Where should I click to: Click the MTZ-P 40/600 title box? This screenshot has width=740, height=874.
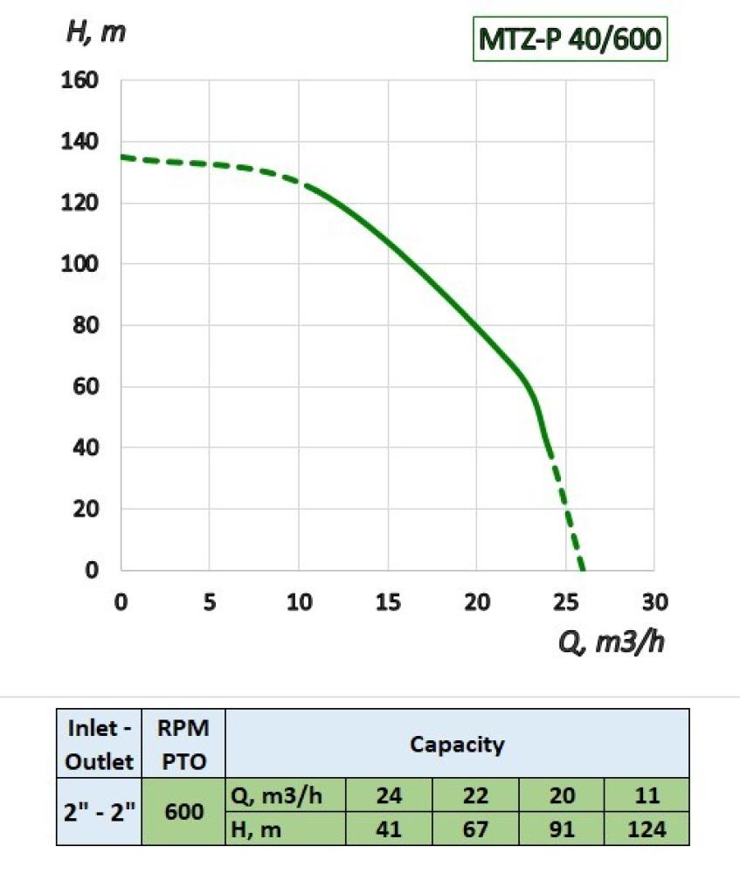coord(570,40)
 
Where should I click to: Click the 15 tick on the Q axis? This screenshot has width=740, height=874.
coord(387,602)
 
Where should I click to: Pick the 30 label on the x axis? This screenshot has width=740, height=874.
coord(654,602)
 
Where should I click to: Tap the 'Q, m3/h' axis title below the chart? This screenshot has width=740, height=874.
coord(612,644)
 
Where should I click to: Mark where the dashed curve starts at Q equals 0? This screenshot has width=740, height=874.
coord(122,157)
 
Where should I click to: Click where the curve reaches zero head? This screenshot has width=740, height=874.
coord(582,569)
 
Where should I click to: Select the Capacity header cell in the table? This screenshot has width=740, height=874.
coord(457,745)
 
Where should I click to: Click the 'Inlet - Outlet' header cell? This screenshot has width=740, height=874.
coord(99,744)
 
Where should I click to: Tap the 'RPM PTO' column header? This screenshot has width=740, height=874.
coord(183,744)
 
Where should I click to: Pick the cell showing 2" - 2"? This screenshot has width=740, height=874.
coord(99,812)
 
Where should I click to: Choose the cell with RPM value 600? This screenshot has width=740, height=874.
coord(183,812)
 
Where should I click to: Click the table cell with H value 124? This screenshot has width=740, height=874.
coord(647,829)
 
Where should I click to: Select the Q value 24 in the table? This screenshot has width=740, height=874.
coord(389,796)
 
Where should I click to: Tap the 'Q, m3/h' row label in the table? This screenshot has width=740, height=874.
coord(286,796)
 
